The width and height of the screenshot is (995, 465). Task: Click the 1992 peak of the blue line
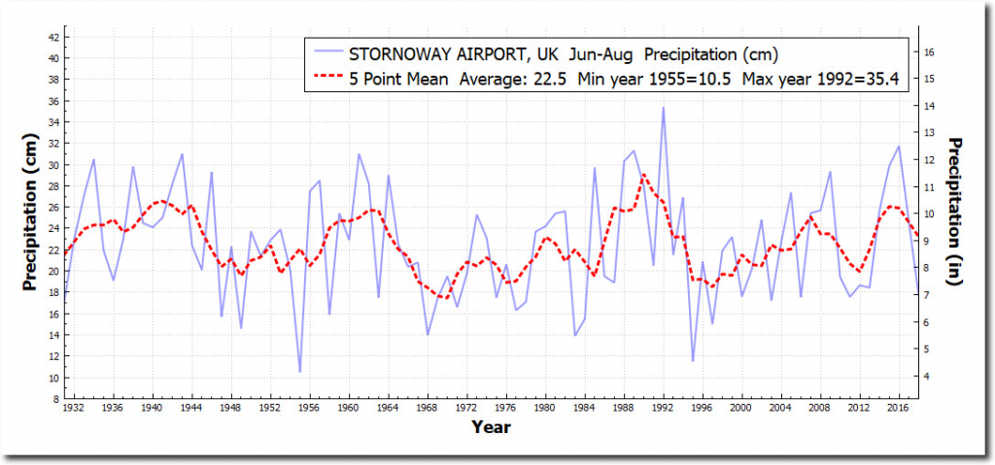664,108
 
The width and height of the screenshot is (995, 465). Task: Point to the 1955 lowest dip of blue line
300,372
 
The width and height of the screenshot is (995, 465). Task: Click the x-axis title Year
491,426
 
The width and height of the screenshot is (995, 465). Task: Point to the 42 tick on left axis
53,37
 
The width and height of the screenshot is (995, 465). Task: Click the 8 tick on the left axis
55,399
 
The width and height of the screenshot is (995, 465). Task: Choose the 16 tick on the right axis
928,50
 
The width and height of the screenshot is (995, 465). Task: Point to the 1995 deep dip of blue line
693,361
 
